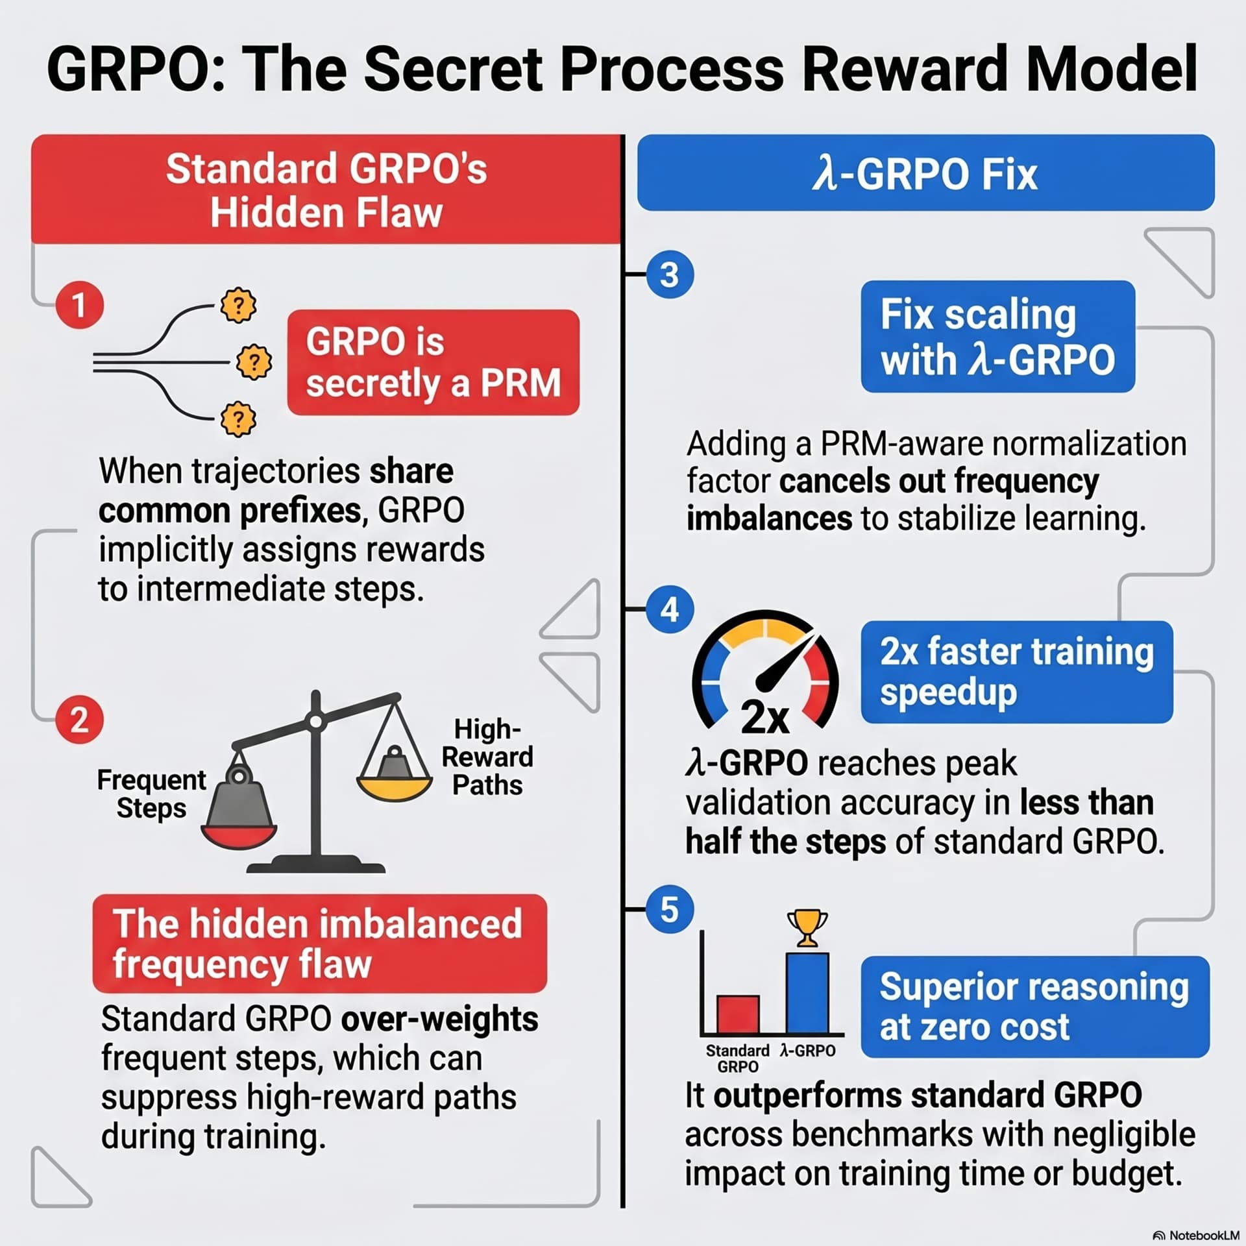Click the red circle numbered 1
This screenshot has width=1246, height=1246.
tap(79, 305)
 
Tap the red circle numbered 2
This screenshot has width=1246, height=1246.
tap(79, 720)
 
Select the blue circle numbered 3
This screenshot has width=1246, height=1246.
tap(670, 275)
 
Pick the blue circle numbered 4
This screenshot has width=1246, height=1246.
tap(670, 609)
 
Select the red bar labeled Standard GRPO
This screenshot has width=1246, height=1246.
tap(738, 1014)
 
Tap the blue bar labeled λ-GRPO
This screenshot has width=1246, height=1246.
tap(807, 993)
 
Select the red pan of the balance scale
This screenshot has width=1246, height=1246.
tap(239, 837)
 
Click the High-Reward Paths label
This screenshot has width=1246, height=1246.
tap(487, 757)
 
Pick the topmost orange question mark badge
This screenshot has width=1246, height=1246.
tap(238, 305)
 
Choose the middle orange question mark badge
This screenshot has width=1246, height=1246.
tap(254, 361)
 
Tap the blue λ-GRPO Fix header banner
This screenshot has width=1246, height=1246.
tap(926, 173)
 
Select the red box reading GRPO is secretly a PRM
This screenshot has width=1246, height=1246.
tap(434, 362)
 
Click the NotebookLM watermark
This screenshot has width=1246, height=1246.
tap(1197, 1235)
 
